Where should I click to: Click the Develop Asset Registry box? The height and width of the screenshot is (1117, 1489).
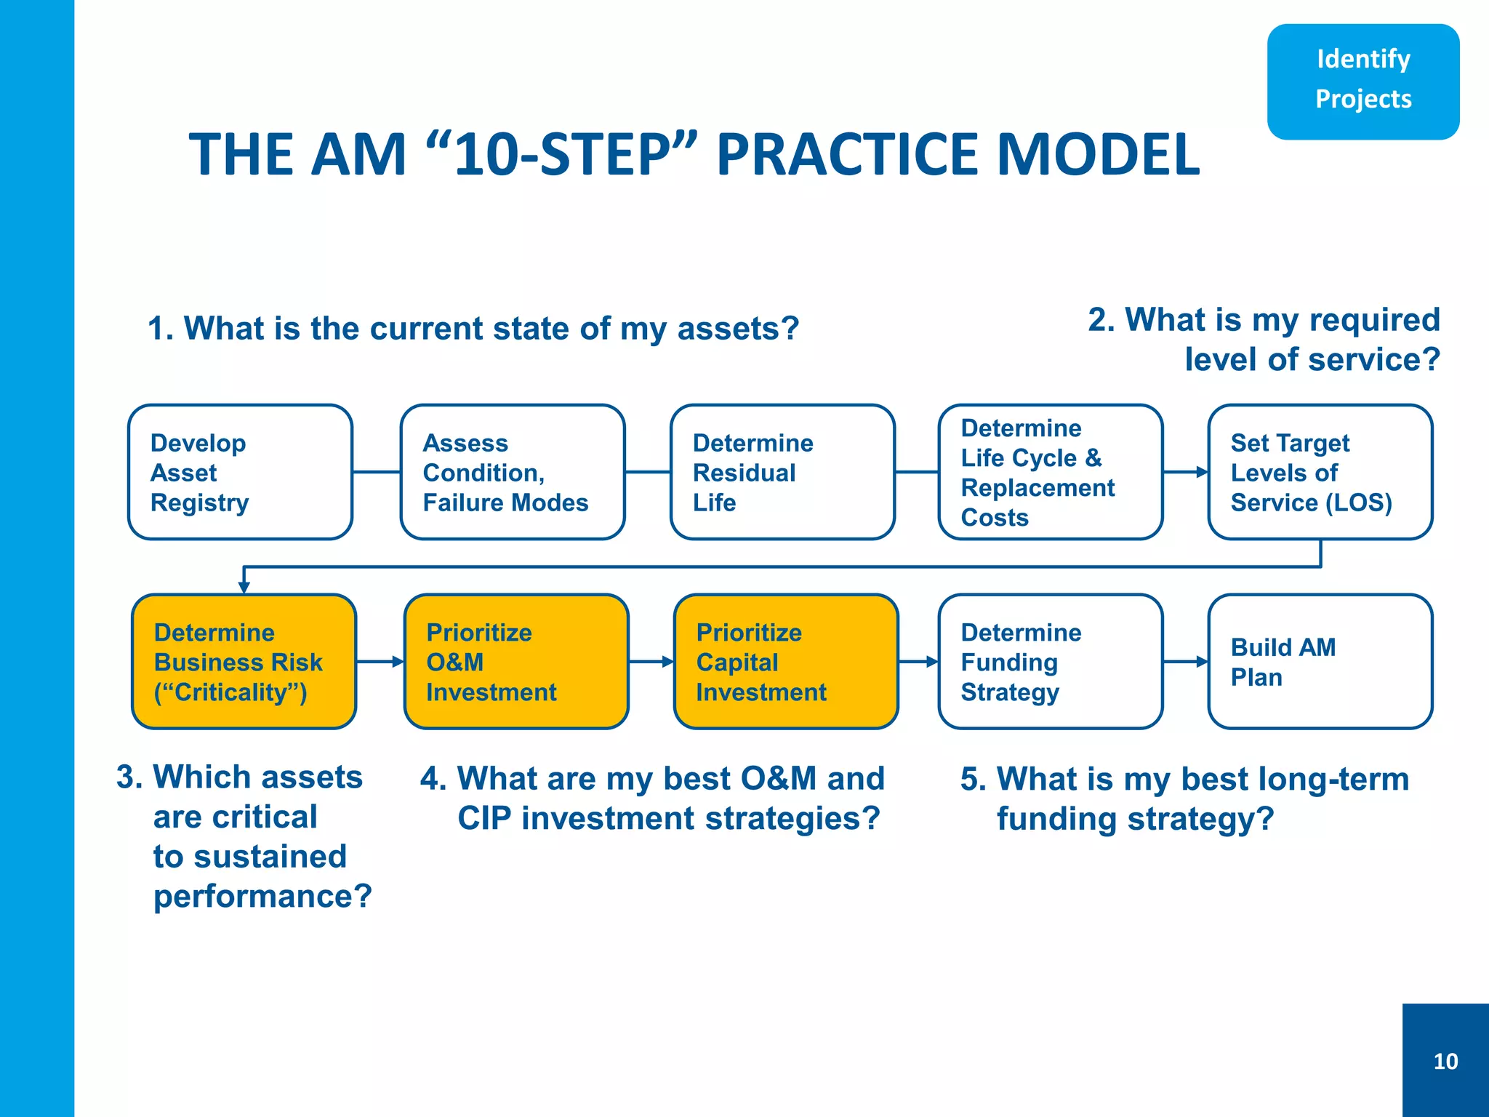click(240, 472)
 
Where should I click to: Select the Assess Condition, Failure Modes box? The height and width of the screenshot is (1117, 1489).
click(513, 472)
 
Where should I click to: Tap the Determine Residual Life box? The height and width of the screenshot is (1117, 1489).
click(782, 472)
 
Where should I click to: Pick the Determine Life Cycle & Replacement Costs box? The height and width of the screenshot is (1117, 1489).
click(1051, 472)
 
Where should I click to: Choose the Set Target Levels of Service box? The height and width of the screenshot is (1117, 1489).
click(1320, 472)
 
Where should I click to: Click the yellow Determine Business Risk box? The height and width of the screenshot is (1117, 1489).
click(244, 662)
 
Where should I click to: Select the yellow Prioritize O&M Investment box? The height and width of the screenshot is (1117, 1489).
click(516, 662)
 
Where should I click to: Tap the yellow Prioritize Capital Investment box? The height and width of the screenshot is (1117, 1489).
click(786, 662)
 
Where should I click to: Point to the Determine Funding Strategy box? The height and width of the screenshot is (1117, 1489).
click(1051, 662)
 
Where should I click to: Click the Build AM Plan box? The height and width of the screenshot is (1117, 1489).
click(1320, 662)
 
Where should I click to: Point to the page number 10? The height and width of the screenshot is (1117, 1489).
click(1445, 1061)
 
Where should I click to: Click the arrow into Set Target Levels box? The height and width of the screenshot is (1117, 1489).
click(1186, 472)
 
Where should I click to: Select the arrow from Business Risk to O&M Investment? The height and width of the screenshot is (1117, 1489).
click(380, 662)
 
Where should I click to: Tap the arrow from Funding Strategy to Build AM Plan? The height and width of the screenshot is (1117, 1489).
click(1186, 662)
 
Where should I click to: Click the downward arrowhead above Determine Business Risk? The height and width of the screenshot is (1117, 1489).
click(244, 586)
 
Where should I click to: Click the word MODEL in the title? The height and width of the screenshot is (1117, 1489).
click(1098, 155)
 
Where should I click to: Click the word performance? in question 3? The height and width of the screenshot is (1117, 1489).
click(262, 896)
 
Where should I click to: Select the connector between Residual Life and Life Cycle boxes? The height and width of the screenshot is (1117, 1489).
click(917, 472)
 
